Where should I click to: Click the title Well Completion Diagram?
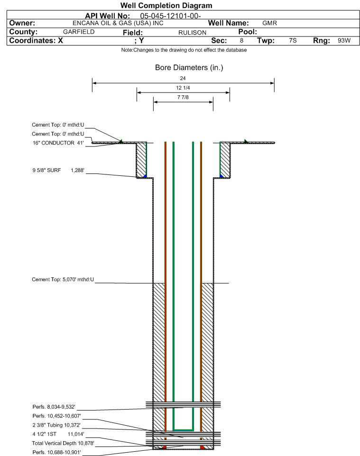pos(166,6)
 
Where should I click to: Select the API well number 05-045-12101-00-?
pos(171,16)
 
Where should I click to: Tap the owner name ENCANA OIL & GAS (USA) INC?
pos(118,23)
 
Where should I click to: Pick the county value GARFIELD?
pos(79,32)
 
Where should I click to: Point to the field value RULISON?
pos(193,33)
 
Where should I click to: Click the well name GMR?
pos(270,23)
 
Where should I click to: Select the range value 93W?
pos(344,40)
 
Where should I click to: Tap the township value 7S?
pos(293,40)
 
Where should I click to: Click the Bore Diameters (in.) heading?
pos(189,68)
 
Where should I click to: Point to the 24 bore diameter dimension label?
pos(183,78)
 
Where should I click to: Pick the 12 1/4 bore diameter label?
pos(183,88)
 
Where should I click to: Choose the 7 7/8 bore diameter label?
pos(183,97)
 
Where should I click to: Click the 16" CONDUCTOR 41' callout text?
pos(58,143)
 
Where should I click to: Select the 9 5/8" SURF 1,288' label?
pos(58,171)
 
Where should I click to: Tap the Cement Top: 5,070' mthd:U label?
pos(63,280)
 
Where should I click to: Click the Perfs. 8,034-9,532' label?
pos(54,407)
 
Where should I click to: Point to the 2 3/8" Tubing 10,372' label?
pos(56,425)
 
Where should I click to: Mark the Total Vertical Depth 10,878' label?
pos(63,443)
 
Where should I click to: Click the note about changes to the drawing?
pos(184,50)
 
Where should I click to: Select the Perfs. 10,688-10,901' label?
pos(57,452)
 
